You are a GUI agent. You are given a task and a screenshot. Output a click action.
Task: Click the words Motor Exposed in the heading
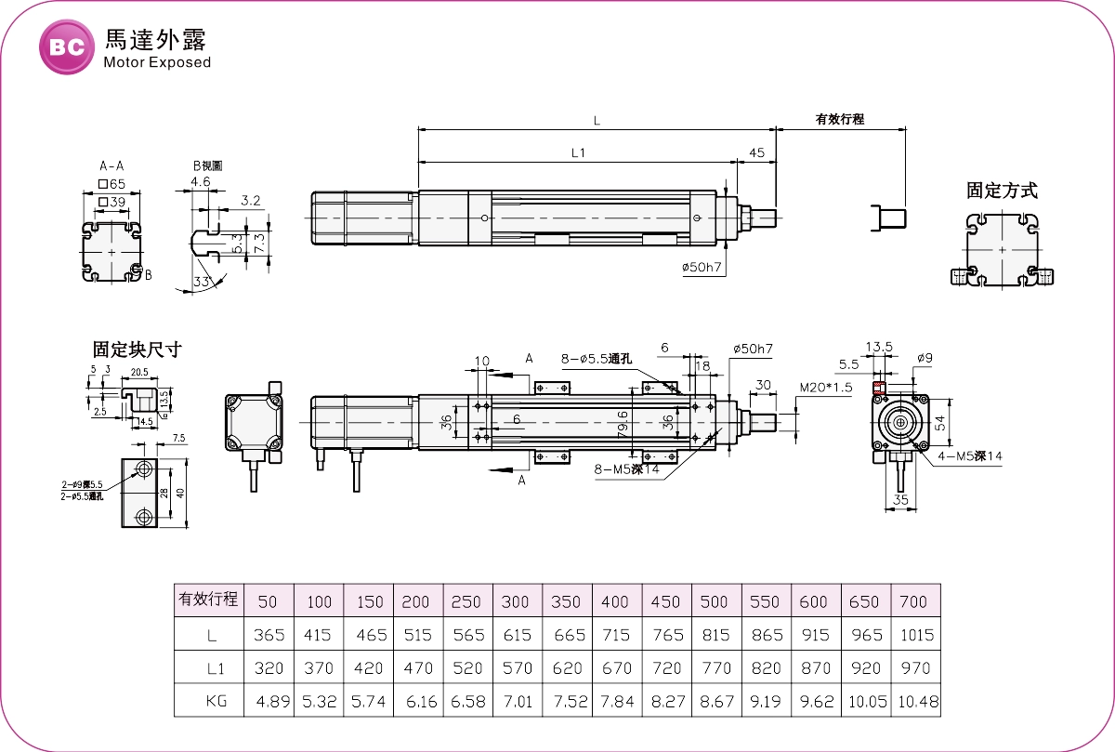(x=157, y=63)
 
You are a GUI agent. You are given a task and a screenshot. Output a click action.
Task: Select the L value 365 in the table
(x=269, y=635)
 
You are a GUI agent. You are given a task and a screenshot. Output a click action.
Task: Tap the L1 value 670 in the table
(x=616, y=668)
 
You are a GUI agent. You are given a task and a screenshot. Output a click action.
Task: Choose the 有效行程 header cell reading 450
(x=665, y=601)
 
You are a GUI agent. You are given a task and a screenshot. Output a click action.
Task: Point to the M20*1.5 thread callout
(x=826, y=387)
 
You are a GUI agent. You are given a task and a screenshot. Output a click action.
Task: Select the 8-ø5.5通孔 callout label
(x=596, y=359)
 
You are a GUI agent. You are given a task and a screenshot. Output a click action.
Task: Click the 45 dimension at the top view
(x=756, y=152)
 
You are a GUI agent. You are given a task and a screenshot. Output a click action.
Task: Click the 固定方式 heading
(x=1002, y=191)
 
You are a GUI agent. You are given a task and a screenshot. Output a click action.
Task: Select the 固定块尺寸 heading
(x=137, y=350)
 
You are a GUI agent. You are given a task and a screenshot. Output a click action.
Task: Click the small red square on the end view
(x=877, y=387)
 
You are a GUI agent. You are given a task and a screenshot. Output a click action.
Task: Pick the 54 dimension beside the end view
(x=939, y=422)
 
